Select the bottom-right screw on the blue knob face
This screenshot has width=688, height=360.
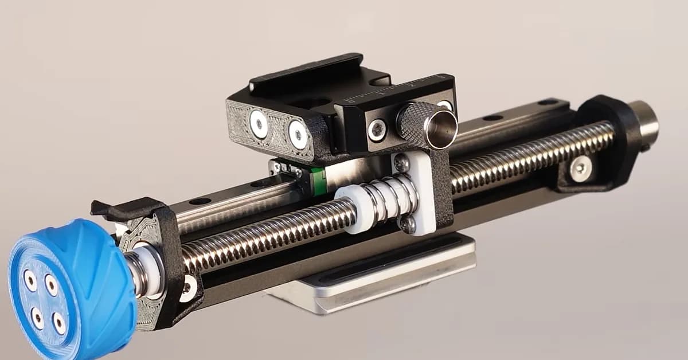(x=59, y=323)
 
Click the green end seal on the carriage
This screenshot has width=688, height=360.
(x=317, y=179)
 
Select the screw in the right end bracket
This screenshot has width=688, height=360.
(x=580, y=167)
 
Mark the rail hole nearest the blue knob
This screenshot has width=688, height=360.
(x=200, y=201)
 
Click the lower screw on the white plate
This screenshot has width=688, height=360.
(x=408, y=224)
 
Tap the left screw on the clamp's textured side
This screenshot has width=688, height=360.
(x=257, y=123)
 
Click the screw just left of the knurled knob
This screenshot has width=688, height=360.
(x=377, y=130)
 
